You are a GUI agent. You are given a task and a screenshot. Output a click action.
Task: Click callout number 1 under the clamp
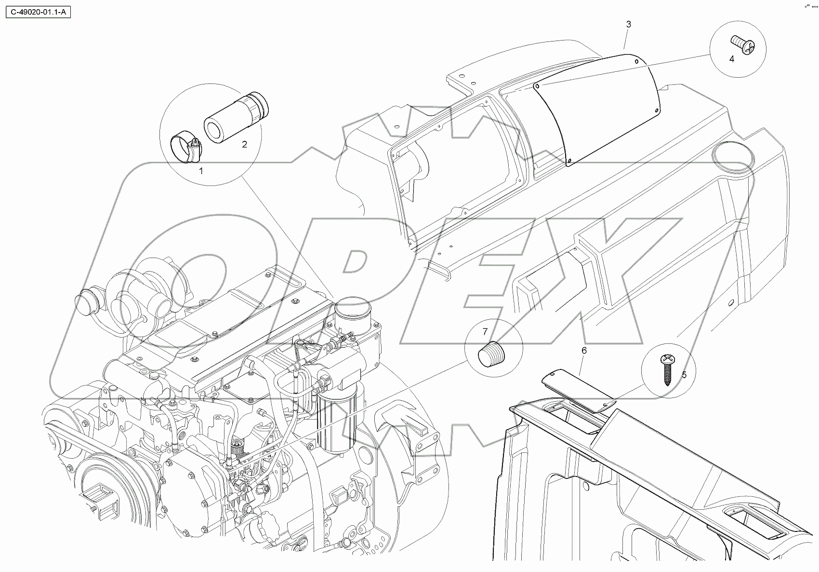coord(201,170)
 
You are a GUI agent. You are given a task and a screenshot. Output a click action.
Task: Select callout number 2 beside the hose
coord(244,144)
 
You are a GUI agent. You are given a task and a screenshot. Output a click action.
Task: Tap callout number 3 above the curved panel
coord(628,24)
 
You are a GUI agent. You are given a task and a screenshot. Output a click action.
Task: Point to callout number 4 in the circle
coord(731,59)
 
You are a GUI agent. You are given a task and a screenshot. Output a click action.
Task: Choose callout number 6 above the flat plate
coord(584,350)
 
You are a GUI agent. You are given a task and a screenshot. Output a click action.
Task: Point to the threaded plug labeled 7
coord(490,355)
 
